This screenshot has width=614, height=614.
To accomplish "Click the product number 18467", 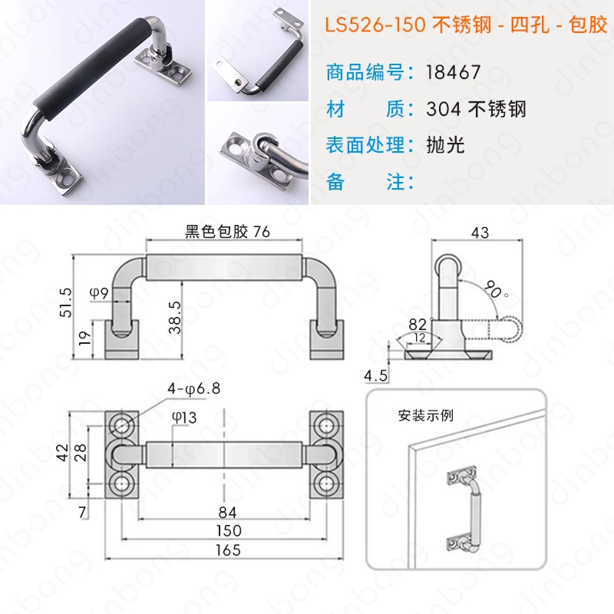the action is (x=453, y=72).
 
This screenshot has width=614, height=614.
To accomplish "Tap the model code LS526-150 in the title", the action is (x=375, y=25).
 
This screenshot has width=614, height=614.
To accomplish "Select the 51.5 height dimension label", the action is (x=66, y=302).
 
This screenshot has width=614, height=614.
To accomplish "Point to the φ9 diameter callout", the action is (x=99, y=292).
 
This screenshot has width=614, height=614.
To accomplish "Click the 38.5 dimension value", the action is (x=175, y=317).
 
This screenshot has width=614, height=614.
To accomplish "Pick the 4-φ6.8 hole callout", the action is (x=194, y=388).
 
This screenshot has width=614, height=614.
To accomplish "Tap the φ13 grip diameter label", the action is (x=184, y=418).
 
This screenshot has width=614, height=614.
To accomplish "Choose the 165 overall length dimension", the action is (x=228, y=550).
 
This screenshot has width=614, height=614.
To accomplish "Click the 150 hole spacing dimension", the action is (x=229, y=530).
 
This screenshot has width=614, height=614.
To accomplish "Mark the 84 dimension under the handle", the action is (x=227, y=512).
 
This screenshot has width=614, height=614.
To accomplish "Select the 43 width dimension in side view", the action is (x=480, y=233).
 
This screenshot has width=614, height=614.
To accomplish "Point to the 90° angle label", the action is (x=495, y=290).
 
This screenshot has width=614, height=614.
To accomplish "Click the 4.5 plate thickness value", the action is (x=375, y=376).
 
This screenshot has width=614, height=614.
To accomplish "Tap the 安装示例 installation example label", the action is (x=426, y=415).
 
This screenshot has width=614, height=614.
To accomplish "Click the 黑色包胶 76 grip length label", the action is (x=227, y=232).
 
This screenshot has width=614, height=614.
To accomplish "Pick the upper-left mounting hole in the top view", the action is (x=121, y=426).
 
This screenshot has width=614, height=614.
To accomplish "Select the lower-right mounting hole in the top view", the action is (x=327, y=484).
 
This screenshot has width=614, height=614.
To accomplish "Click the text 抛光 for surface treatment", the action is (x=445, y=145).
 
